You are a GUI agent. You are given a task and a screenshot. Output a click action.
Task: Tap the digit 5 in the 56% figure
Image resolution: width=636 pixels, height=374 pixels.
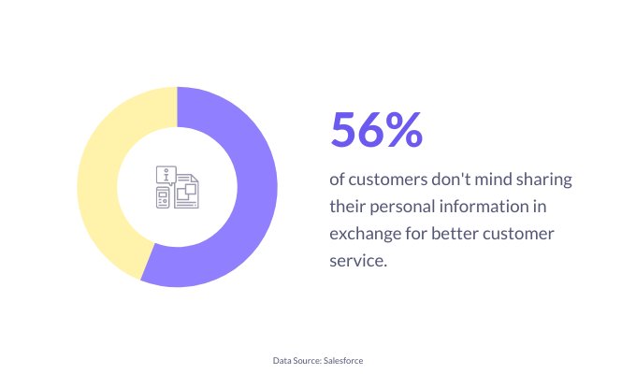coord(345,129)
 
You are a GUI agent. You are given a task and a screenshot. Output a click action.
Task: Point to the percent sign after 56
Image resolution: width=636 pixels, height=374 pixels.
coord(404,129)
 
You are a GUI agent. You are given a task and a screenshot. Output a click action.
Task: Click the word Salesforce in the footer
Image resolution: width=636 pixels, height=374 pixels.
coord(343,361)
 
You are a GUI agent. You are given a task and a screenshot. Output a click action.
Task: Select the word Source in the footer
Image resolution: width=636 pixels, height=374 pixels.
coord(308,361)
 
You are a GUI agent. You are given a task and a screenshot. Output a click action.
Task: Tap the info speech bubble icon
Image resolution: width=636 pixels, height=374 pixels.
coord(166,175)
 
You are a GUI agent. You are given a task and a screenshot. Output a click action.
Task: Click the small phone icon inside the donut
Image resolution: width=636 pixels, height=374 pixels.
coord(163,197)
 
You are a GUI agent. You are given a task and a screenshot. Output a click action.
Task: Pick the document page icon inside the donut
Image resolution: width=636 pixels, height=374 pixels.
coord(186,191)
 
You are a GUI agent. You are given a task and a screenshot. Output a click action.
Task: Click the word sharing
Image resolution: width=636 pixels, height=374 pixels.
coord(544,180)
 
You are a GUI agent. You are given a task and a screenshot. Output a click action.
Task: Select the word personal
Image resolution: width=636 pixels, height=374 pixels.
coord(403,207)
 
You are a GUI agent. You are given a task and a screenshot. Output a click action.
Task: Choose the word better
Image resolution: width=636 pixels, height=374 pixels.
coord(455,234)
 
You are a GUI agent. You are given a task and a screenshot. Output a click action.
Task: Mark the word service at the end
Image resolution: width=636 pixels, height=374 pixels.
coord(356,261)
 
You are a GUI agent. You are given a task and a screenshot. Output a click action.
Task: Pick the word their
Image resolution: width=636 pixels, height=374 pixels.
coord(348,206)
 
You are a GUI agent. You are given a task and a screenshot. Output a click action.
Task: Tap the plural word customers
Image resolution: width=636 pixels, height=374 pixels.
coord(387,180)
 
